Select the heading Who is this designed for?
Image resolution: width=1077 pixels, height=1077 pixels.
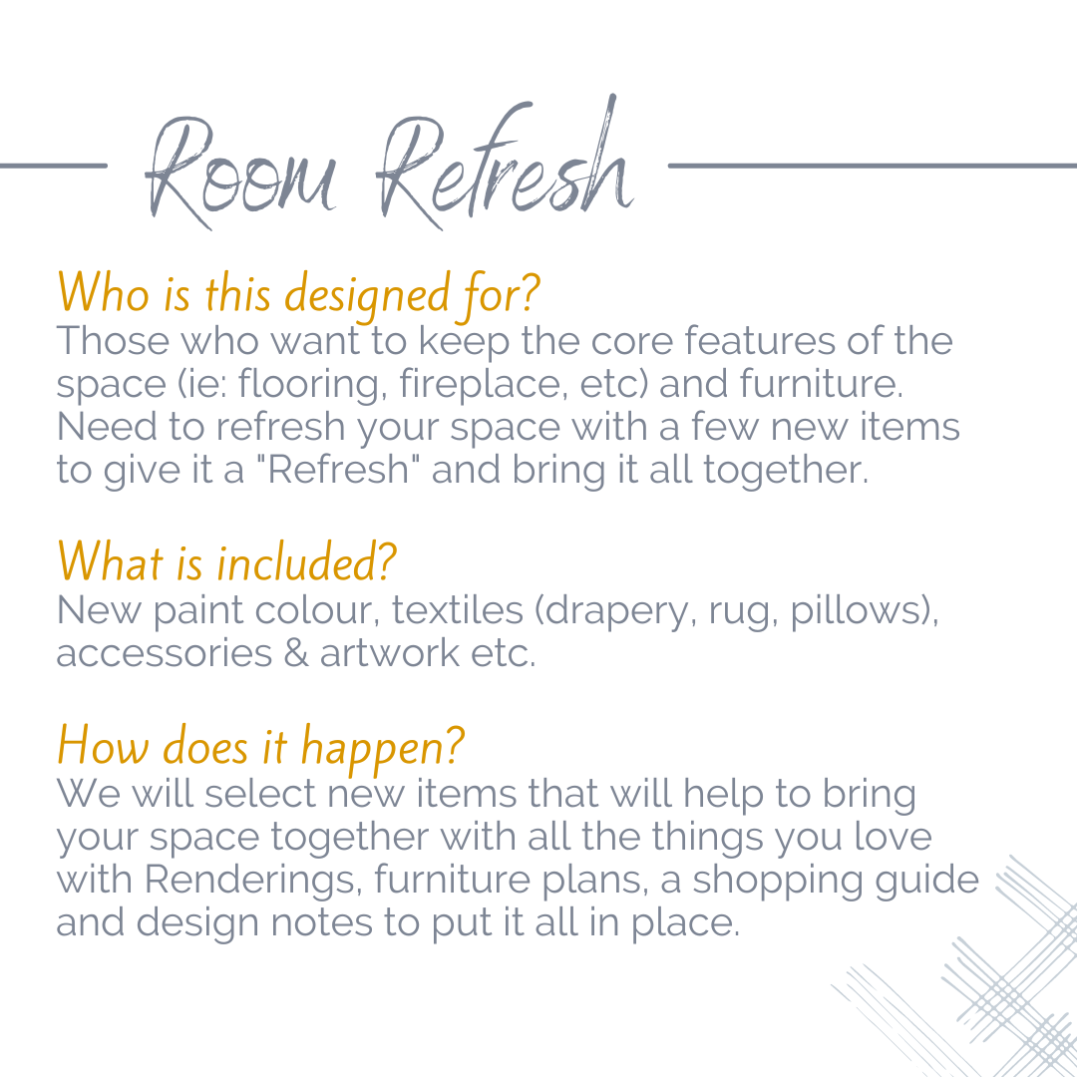click(x=298, y=291)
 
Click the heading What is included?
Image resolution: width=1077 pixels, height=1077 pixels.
click(x=226, y=561)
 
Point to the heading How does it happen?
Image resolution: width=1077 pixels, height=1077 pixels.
click(x=260, y=746)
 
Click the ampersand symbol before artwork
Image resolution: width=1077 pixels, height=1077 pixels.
click(x=296, y=653)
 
